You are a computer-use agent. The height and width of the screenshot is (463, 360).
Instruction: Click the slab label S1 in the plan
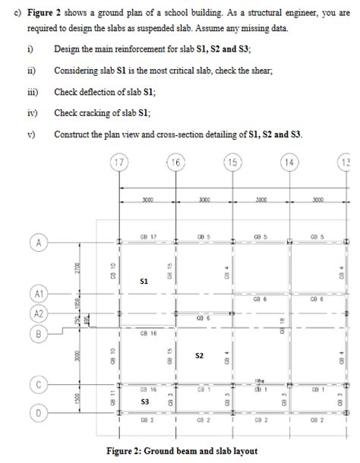tap(144, 282)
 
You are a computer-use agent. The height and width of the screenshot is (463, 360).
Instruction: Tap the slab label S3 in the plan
tap(144, 400)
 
